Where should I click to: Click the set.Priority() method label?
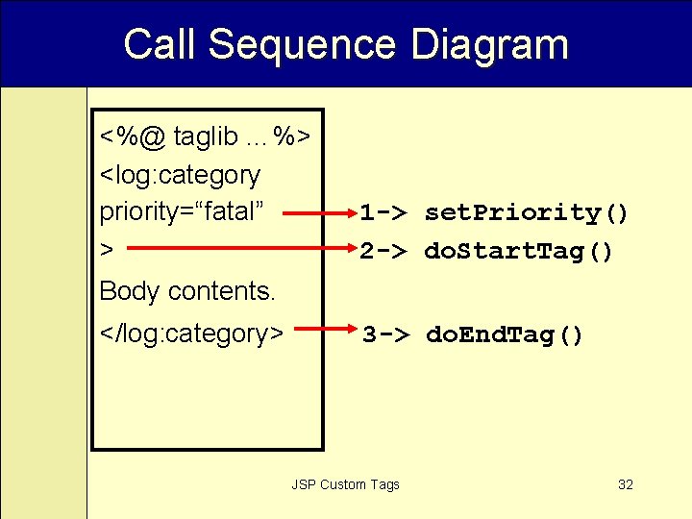[x=527, y=212]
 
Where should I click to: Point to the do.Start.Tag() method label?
[x=518, y=252]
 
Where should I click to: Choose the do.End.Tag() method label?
[x=505, y=335]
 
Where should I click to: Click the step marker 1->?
[x=386, y=212]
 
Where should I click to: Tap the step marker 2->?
[x=386, y=252]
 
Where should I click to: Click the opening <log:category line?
[x=180, y=175]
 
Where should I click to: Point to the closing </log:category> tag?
[x=191, y=334]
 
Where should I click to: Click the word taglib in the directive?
[x=206, y=137]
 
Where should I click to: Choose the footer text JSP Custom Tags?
[x=345, y=484]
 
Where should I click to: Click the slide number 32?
[x=626, y=484]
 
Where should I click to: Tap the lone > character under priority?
[x=107, y=250]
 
